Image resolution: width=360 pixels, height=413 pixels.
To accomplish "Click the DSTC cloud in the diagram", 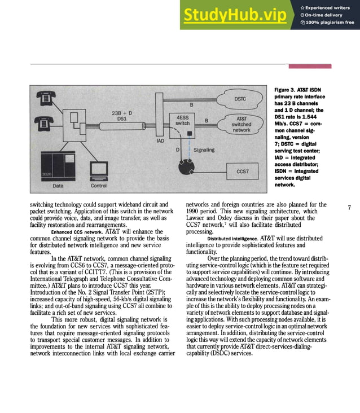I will click(x=240, y=99).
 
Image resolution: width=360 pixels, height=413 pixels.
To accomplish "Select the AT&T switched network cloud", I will click(x=242, y=124).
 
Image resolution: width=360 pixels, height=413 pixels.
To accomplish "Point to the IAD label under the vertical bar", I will click(x=160, y=140).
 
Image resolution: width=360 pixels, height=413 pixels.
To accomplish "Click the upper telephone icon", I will click(x=45, y=98).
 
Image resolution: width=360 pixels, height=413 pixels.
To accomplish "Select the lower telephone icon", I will click(x=45, y=121).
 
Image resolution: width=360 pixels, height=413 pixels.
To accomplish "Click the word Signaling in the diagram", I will click(x=204, y=150).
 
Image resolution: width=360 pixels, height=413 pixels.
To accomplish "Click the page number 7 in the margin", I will click(x=349, y=208).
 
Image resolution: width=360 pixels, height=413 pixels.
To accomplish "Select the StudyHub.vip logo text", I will click(x=243, y=16).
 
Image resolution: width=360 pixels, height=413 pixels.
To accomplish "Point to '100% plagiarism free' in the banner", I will click(x=330, y=23).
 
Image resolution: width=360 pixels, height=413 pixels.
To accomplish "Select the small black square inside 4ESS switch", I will click(x=189, y=134).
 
